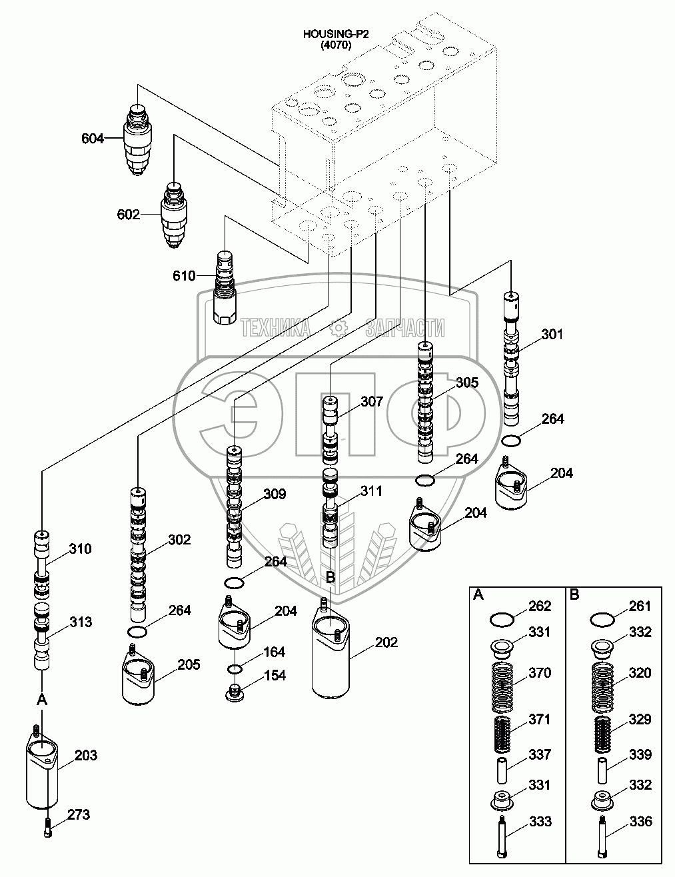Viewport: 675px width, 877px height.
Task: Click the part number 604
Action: coord(93,139)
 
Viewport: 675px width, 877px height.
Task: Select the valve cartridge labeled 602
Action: coord(175,215)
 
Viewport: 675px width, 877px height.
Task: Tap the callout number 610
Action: coord(184,276)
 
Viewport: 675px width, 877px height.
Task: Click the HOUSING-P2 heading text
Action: coord(336,34)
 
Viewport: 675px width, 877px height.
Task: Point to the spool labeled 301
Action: coord(511,359)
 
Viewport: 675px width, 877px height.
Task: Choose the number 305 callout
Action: coord(467,383)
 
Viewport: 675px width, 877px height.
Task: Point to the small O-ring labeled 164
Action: coord(235,670)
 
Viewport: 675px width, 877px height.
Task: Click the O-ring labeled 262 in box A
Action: coord(502,620)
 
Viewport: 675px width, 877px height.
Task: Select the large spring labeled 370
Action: coord(502,687)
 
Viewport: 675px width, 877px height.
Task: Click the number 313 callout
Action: coord(81,622)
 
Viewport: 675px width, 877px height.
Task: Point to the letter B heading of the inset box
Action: coord(574,594)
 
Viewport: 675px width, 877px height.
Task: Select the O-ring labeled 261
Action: coord(602,620)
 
